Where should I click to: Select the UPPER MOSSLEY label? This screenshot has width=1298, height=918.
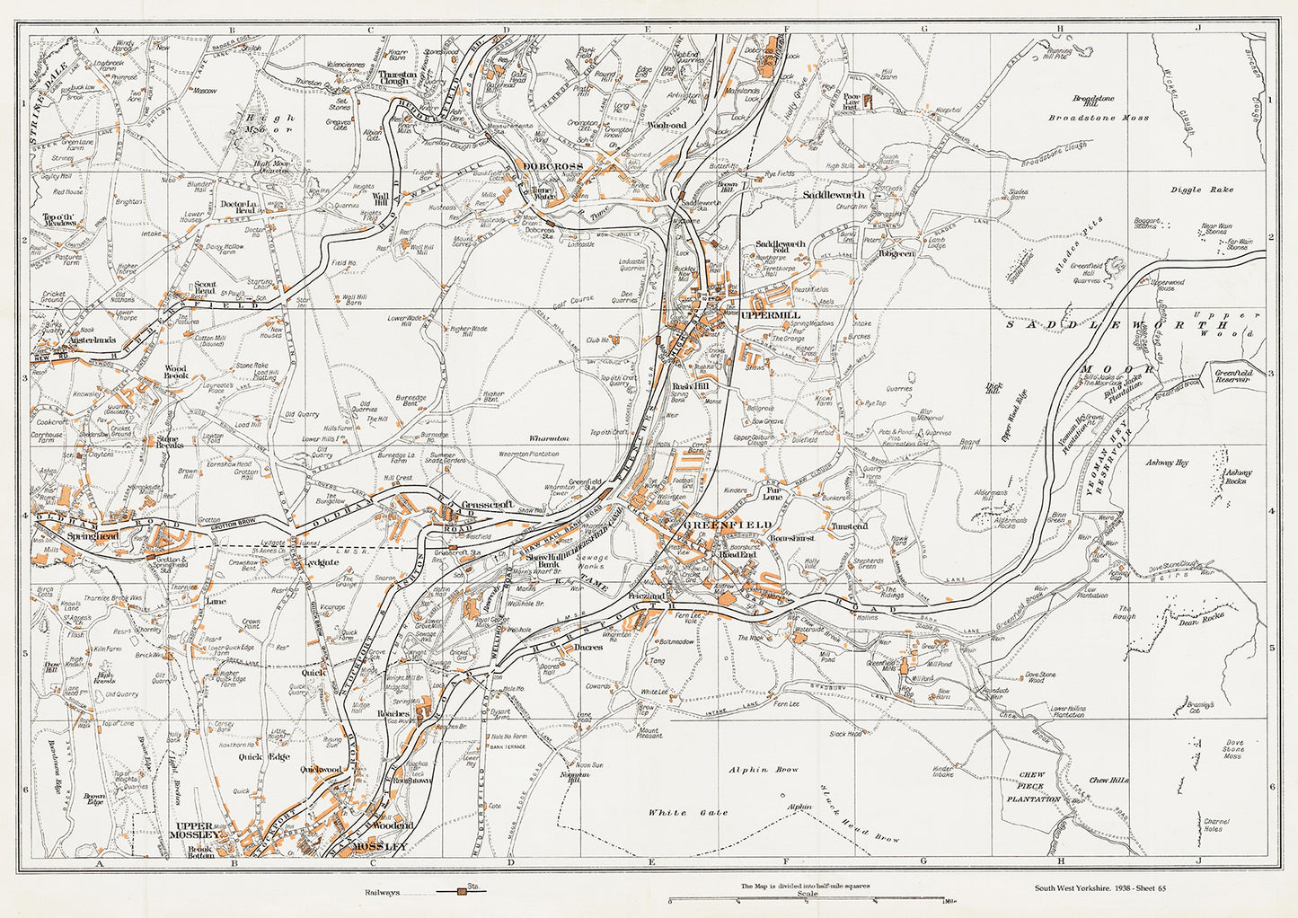(x=198, y=830)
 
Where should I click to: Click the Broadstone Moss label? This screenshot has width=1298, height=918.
(x=1098, y=118)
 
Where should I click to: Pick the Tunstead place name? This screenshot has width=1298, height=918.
(x=849, y=526)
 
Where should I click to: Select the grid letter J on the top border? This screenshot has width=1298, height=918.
(x=1198, y=30)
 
